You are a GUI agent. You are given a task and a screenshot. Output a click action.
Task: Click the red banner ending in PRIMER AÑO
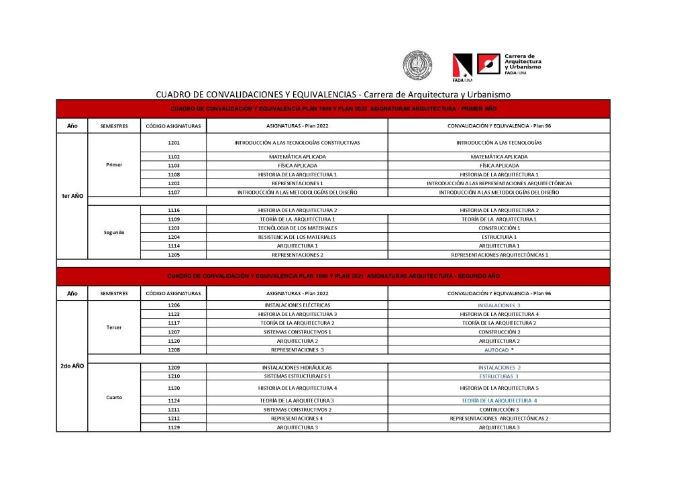click(333, 109)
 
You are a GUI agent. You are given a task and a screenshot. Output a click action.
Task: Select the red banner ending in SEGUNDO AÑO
click(333, 276)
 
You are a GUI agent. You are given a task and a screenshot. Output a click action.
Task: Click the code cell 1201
click(174, 143)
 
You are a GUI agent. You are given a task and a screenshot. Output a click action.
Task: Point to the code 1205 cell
click(174, 255)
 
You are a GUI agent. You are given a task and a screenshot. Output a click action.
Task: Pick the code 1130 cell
click(174, 388)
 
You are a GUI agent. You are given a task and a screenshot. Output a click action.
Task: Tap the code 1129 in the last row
click(174, 427)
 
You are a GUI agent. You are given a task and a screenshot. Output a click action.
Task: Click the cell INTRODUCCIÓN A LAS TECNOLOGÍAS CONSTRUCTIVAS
click(297, 143)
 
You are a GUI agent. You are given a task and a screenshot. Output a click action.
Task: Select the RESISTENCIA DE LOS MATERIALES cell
click(297, 237)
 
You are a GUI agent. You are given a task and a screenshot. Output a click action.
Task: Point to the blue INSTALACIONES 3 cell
click(499, 305)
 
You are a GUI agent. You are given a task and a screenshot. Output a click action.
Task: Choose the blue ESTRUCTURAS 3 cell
click(499, 376)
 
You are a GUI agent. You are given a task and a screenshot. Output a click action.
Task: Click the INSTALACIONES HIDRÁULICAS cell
click(297, 368)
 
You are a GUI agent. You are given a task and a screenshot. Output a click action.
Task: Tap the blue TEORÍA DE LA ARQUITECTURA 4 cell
click(499, 400)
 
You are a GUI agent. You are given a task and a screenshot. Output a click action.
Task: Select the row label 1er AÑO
click(71, 197)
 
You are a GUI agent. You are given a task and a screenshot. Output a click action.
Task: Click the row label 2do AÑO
click(71, 366)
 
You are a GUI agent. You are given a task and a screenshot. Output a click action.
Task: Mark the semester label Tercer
click(114, 327)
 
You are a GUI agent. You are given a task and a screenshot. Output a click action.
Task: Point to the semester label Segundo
click(114, 232)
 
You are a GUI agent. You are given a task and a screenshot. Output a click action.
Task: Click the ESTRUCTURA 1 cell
click(499, 237)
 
